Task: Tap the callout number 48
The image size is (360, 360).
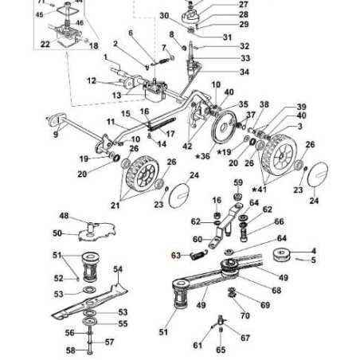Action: (x=64, y=217)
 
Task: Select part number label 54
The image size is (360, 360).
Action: (x=119, y=271)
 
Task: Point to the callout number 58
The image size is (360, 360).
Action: (x=69, y=350)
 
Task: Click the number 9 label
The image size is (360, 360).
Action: (x=56, y=135)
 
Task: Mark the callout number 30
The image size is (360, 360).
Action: (x=163, y=17)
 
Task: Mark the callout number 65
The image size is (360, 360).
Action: (x=221, y=350)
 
